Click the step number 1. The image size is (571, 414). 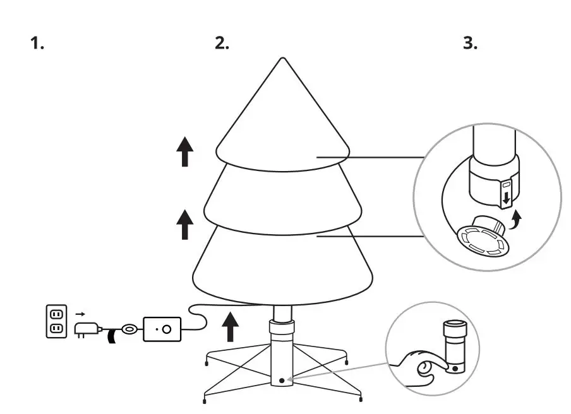point(37,44)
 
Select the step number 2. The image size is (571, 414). point(222,44)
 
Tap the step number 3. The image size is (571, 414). point(471,44)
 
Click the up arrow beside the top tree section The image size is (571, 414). point(184,153)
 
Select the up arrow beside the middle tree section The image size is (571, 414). point(184,225)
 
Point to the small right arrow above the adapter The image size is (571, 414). point(80,313)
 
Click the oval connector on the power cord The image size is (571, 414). point(129,329)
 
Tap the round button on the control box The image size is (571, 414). point(167,329)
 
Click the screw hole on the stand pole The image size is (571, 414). point(282,381)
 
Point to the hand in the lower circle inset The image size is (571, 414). point(420,370)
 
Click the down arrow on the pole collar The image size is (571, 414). point(505,198)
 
